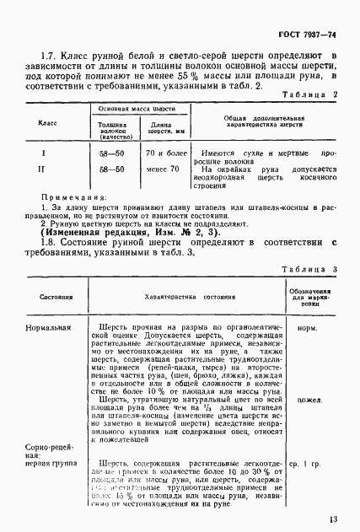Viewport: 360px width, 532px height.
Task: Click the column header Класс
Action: pos(48,124)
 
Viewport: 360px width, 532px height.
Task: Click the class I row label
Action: pos(44,153)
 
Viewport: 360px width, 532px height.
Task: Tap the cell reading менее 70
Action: pos(163,169)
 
